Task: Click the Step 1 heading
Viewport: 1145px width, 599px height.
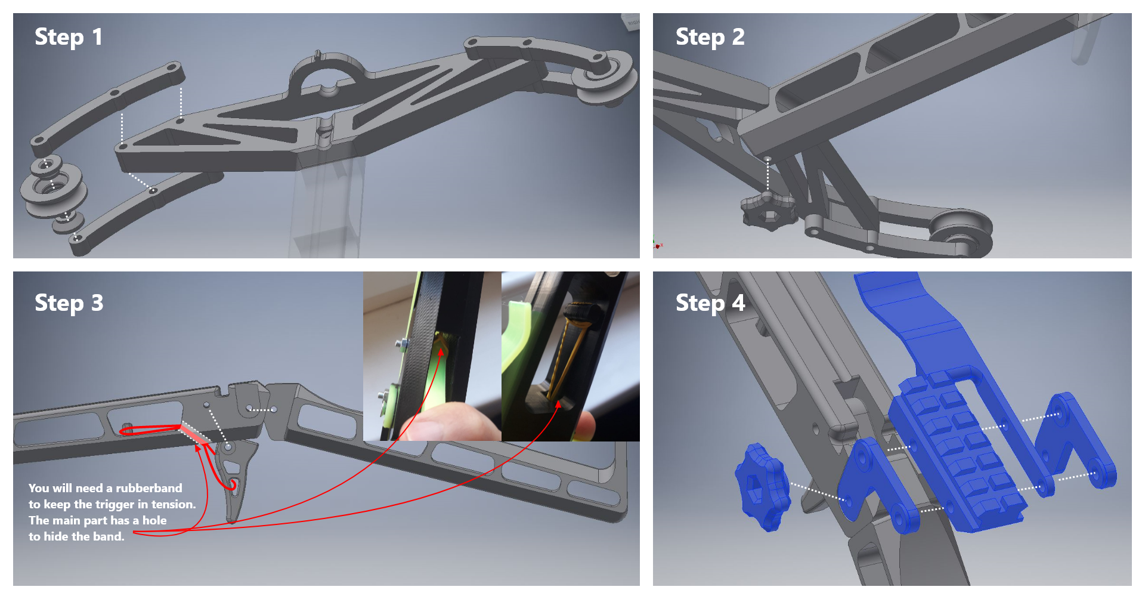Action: (69, 37)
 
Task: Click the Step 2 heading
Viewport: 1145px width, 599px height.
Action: (710, 37)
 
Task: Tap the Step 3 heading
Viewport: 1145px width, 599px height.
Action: (69, 303)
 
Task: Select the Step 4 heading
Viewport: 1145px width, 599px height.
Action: (710, 303)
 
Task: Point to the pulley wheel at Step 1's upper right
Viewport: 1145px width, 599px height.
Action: (604, 77)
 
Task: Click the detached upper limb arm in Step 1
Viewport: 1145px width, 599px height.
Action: (107, 105)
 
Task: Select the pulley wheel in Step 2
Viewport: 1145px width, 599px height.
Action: (960, 233)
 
